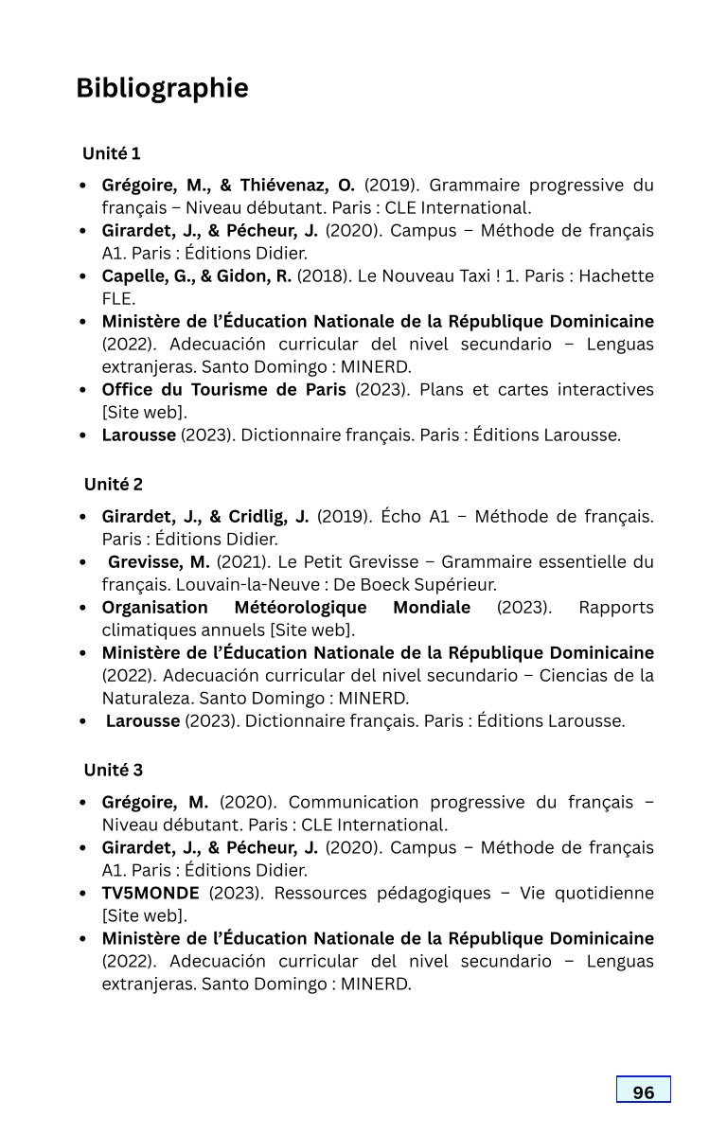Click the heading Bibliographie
(162, 88)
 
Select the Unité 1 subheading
(112, 153)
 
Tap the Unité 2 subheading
(113, 485)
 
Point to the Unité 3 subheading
(113, 771)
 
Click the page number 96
(644, 1092)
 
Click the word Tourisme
(227, 390)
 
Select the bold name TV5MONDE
(151, 894)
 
